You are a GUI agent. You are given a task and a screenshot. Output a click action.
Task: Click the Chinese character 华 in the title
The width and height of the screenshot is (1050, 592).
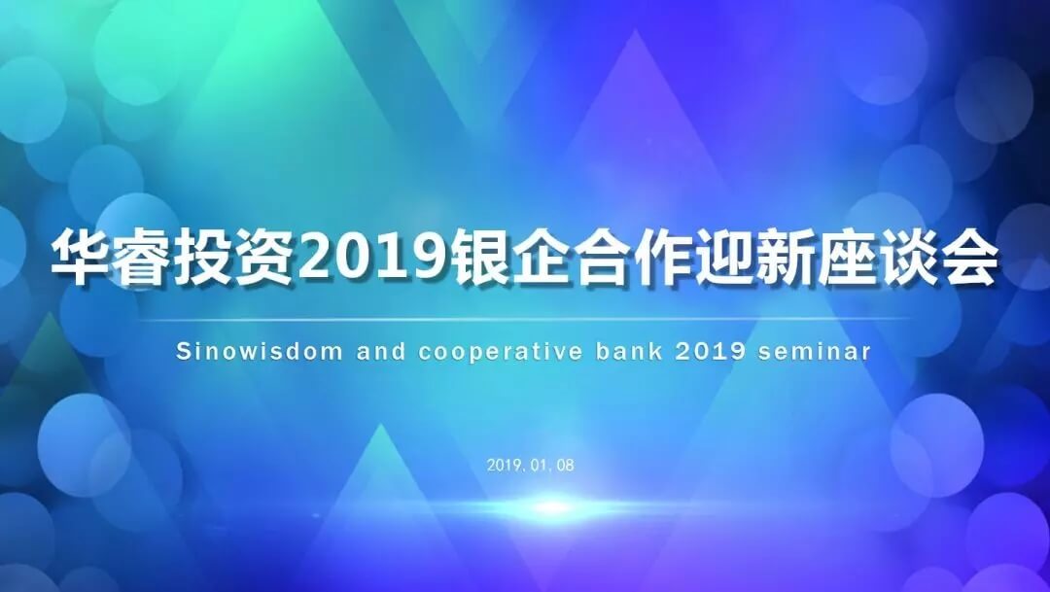[81, 259]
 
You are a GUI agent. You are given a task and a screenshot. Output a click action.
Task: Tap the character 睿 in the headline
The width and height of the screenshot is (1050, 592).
[142, 259]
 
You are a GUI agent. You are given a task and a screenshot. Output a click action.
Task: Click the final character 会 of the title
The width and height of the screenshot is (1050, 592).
[967, 259]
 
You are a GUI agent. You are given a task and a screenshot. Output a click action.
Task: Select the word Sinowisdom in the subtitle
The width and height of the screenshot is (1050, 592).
[260, 351]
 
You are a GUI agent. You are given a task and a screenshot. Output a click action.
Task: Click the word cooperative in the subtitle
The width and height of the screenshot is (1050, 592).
[501, 352]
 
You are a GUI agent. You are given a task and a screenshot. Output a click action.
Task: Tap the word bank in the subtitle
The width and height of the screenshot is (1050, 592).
[628, 351]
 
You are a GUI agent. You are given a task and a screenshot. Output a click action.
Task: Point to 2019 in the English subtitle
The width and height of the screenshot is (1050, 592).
[710, 352]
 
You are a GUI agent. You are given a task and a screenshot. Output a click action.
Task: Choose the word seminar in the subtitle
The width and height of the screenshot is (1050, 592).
[815, 352]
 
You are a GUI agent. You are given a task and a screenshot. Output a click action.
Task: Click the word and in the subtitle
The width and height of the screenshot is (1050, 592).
[381, 351]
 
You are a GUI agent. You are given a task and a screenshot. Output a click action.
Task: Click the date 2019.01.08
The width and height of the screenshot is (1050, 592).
[531, 465]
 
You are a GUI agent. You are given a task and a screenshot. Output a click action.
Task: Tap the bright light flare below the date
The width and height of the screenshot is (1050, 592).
[551, 507]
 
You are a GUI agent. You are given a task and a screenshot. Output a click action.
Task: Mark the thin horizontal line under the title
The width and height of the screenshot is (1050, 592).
[525, 320]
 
